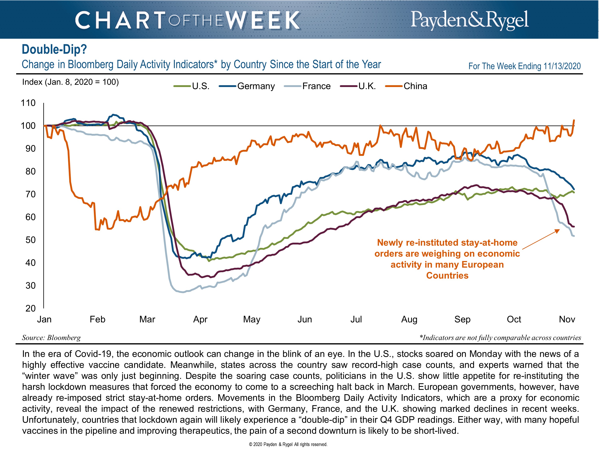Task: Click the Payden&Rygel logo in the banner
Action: (470, 20)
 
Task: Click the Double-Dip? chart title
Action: (54, 49)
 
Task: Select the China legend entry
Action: (415, 86)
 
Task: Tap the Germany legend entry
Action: (256, 86)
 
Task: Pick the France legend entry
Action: (316, 86)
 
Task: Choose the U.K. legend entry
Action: (367, 86)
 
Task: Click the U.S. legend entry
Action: (201, 86)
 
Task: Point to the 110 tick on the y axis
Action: (28, 103)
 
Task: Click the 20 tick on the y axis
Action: (30, 308)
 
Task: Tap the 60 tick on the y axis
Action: (30, 217)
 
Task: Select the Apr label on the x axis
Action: (200, 319)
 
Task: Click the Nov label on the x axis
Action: (567, 319)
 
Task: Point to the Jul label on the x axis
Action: (356, 319)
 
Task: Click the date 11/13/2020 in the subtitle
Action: (562, 66)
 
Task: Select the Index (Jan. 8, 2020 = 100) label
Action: (70, 82)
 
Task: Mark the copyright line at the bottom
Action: (288, 444)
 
